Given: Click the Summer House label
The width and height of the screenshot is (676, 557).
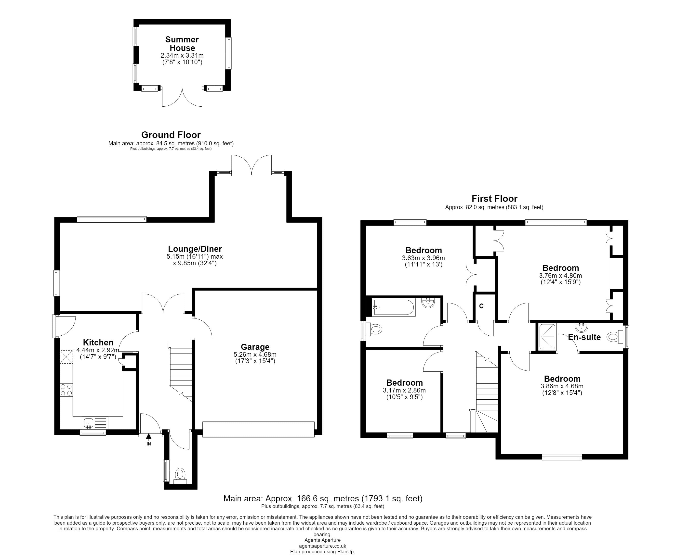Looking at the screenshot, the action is click(x=182, y=44).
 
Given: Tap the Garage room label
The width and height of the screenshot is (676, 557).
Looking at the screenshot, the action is click(x=255, y=347).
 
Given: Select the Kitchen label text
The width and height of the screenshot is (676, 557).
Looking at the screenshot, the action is click(x=98, y=342).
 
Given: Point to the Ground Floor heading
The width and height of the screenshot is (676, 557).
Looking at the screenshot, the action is click(x=171, y=135).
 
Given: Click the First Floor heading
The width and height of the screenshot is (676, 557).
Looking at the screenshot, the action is click(x=494, y=199).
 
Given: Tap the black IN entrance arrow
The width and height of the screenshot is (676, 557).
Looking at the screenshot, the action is click(x=149, y=436).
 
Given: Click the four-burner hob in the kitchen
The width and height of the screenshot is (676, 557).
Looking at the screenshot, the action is click(x=66, y=390).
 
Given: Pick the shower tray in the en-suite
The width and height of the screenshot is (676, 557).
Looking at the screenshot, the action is click(x=546, y=337).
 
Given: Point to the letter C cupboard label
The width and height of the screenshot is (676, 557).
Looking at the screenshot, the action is click(x=481, y=306).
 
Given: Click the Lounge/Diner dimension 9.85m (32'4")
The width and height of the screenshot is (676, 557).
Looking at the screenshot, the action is click(x=195, y=263).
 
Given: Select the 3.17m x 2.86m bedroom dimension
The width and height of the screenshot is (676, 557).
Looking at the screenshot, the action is click(x=404, y=391).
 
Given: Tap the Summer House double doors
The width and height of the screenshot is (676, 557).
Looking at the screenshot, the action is click(x=182, y=96).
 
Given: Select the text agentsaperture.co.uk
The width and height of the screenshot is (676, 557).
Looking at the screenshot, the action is click(x=322, y=546).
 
